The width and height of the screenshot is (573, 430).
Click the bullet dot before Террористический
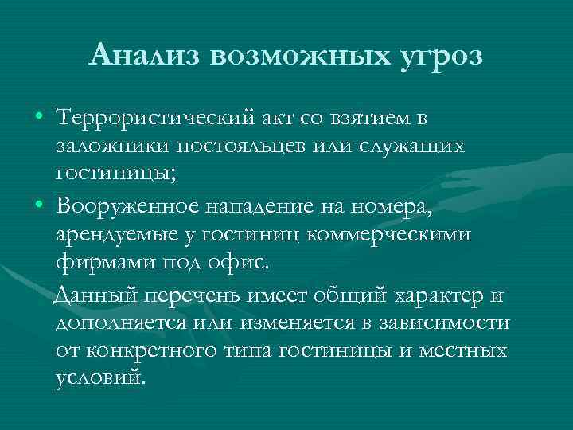pyautogui.click(x=39, y=119)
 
